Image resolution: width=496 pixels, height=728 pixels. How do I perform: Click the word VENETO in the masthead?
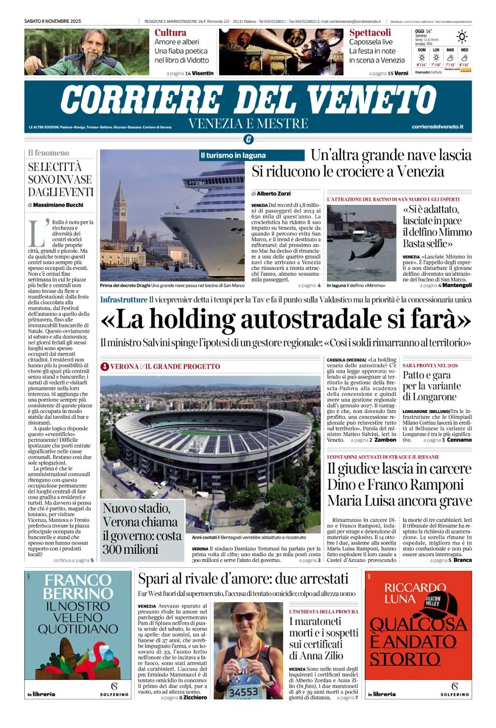(372, 99)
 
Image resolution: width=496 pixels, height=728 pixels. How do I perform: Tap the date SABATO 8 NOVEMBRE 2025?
(53, 21)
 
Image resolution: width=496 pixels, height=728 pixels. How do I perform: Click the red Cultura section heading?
(170, 33)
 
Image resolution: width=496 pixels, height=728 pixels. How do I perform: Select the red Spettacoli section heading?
(370, 33)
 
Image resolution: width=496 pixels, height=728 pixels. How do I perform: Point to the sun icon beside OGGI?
(462, 36)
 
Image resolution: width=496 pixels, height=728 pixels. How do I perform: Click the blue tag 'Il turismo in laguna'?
(233, 155)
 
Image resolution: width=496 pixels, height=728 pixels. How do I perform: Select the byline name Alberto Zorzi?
(274, 194)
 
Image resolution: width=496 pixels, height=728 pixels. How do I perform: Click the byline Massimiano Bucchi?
(58, 205)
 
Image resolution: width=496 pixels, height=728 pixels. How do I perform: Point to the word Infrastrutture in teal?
(124, 300)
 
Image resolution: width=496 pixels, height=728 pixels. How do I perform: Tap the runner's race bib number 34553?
(243, 692)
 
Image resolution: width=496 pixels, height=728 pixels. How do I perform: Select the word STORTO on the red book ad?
(405, 660)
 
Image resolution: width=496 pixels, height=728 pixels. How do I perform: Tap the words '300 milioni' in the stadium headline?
(130, 549)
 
